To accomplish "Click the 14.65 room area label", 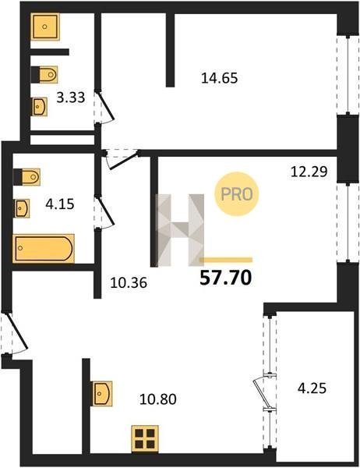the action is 220,78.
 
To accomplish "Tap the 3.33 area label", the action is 71,97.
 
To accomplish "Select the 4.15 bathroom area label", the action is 60,204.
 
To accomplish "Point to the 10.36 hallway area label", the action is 129,282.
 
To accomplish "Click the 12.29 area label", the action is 309,172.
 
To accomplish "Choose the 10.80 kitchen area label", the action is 158,399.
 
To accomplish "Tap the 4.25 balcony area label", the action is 312,388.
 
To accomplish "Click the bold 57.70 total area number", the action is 226,278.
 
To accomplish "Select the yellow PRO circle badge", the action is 237,194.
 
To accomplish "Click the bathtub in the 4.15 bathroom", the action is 44,248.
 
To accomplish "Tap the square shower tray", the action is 45,27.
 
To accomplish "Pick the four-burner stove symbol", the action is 145,438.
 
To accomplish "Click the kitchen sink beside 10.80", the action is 102,393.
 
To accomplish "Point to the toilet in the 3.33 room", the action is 44,74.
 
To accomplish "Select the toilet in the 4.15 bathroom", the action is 26,177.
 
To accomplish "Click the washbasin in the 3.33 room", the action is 40,106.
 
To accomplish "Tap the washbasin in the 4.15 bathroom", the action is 22,208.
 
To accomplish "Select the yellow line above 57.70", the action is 226,260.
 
